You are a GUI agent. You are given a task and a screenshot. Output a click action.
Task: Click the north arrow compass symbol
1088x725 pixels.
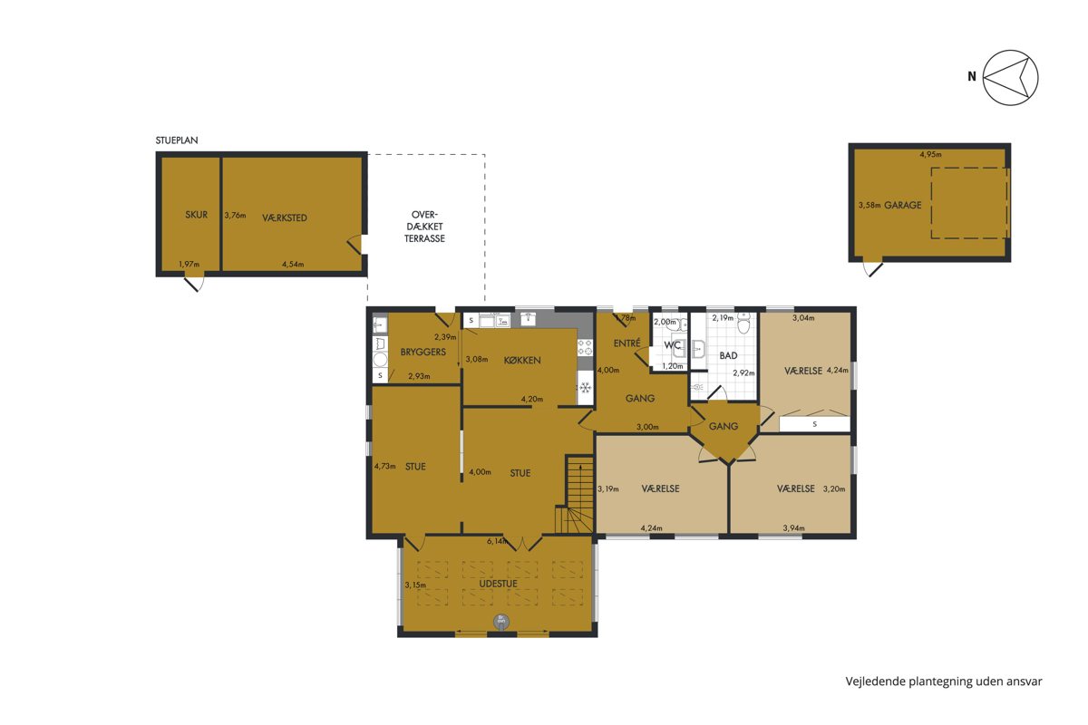click(x=1010, y=78)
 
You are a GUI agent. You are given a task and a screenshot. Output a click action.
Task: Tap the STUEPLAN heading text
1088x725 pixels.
click(x=177, y=140)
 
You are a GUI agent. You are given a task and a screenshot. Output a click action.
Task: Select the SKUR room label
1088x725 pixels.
click(x=196, y=215)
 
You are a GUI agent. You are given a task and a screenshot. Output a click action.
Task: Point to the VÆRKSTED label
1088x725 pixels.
click(x=285, y=218)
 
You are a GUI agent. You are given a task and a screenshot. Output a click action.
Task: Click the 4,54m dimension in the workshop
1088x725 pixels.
click(x=293, y=264)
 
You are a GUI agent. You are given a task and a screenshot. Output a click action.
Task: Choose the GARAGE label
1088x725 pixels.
click(x=902, y=205)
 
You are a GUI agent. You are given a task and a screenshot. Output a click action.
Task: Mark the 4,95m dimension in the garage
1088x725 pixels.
click(x=930, y=154)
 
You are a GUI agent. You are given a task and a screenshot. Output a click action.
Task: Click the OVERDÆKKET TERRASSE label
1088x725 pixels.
click(x=424, y=227)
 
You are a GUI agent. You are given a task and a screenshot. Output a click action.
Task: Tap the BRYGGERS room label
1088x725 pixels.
click(x=423, y=352)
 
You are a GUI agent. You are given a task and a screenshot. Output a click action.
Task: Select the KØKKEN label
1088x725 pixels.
click(x=522, y=361)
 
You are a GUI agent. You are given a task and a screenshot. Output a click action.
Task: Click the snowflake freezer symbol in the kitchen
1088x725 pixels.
click(x=586, y=388)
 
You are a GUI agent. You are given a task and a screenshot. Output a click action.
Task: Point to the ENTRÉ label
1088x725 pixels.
click(x=627, y=343)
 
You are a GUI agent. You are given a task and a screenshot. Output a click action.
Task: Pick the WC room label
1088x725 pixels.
click(x=672, y=345)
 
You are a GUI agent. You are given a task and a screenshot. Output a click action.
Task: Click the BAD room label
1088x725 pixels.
click(x=729, y=355)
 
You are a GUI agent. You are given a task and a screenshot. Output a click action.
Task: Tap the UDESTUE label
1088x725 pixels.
click(x=499, y=584)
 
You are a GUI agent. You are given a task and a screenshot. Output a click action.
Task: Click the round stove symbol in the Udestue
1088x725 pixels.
click(x=501, y=621)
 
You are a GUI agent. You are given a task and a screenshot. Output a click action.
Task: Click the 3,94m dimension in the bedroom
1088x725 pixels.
click(x=793, y=527)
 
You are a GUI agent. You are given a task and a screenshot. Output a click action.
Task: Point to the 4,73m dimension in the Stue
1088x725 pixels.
click(x=384, y=466)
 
